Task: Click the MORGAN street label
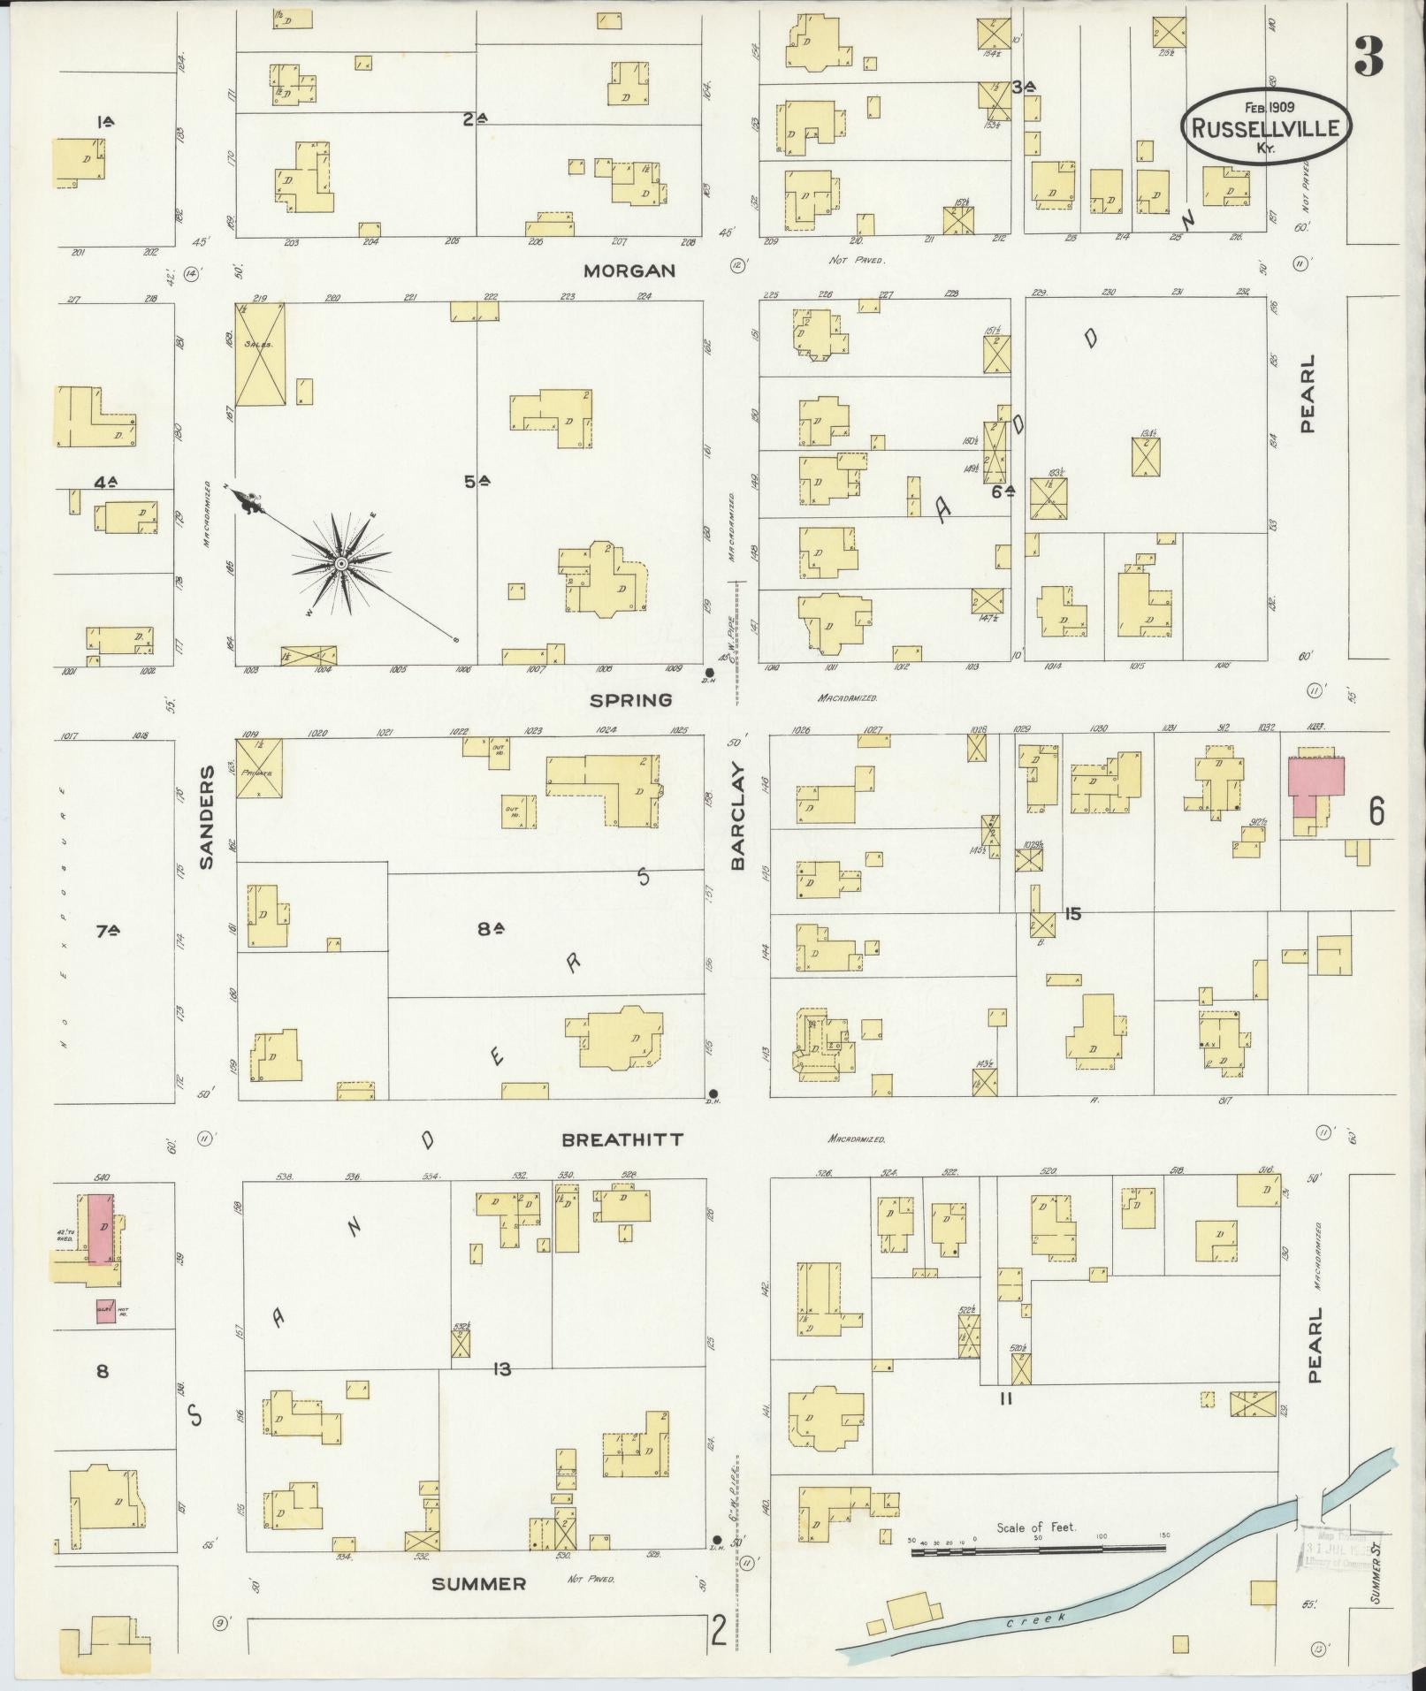point(630,270)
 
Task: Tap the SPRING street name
point(631,700)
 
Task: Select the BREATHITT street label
point(622,1139)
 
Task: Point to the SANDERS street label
point(207,818)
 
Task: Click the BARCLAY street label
point(738,818)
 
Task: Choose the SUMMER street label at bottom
point(478,1583)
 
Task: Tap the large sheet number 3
point(1367,58)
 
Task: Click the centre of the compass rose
point(340,563)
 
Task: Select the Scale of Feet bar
point(1038,1548)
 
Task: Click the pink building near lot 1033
point(1315,785)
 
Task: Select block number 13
point(502,1369)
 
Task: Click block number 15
point(1072,914)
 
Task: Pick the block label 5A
point(477,482)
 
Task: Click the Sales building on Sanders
point(260,354)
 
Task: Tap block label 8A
point(490,928)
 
